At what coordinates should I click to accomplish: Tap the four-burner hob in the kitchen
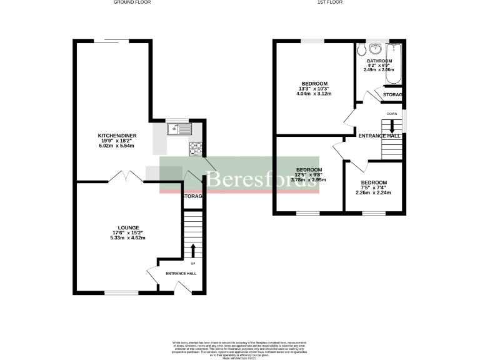tap(195, 149)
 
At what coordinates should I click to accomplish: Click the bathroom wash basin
tap(375, 49)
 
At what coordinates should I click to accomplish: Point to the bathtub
tap(395, 59)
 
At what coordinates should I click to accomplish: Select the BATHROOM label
tap(379, 61)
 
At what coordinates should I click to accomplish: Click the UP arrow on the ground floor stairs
tap(192, 250)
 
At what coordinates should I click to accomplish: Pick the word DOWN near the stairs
tap(392, 114)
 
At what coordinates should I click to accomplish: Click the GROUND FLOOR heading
tap(132, 2)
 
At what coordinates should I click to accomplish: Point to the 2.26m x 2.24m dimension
tap(373, 193)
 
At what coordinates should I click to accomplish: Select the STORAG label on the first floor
tap(392, 95)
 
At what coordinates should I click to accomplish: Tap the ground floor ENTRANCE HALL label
tap(181, 274)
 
